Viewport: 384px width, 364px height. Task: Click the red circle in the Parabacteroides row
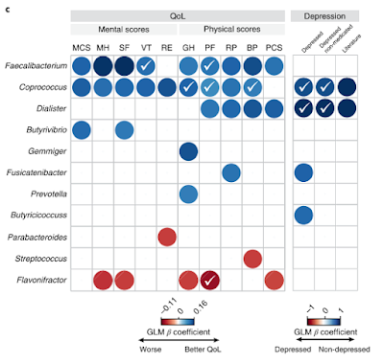[x=167, y=236]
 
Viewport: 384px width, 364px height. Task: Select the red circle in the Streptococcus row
[x=252, y=259]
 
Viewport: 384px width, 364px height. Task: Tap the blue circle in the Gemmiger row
[x=188, y=151]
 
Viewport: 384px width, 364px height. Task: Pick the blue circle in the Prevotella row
[x=188, y=193]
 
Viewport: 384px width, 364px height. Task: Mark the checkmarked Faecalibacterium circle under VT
[x=146, y=66]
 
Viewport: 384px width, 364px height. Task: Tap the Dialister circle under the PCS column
[x=274, y=109]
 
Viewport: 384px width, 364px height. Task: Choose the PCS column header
[x=274, y=47]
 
